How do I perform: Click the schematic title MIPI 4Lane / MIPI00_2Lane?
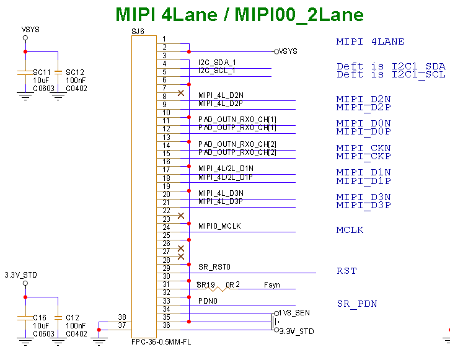click(240, 15)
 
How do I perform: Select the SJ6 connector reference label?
click(138, 30)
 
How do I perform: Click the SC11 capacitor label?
click(42, 72)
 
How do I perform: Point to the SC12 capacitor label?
click(75, 72)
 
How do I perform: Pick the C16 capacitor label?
click(40, 317)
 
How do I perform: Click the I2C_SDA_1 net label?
click(217, 63)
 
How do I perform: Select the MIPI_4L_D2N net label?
click(221, 95)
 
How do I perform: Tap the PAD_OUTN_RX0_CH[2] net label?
click(237, 144)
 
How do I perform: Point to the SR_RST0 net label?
click(214, 267)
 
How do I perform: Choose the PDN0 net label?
click(208, 301)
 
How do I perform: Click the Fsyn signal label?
click(271, 284)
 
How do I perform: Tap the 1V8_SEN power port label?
click(294, 313)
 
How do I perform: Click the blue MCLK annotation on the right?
click(350, 230)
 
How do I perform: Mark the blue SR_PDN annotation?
click(357, 304)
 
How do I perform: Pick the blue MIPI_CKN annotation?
click(363, 149)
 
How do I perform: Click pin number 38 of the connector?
click(122, 317)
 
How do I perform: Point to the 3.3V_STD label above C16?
click(20, 274)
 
